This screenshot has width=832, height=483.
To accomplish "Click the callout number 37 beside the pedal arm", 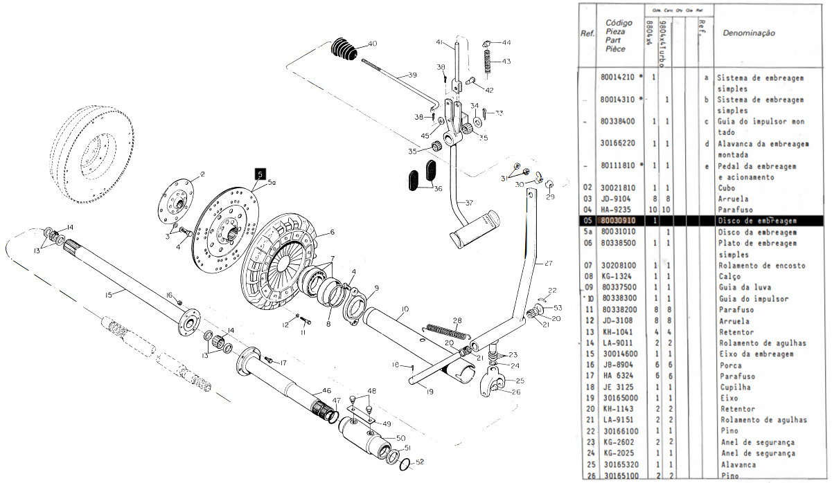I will (469, 203).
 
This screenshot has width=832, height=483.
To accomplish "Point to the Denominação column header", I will (748, 33).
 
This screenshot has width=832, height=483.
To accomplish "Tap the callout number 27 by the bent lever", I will (549, 263).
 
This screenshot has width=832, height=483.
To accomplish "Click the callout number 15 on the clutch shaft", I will (109, 295).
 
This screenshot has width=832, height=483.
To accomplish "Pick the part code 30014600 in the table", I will (619, 354).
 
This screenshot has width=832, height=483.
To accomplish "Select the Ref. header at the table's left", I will (587, 34).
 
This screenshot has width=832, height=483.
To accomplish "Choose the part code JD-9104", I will (614, 199).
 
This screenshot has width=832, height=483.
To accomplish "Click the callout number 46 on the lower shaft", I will (308, 391).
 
